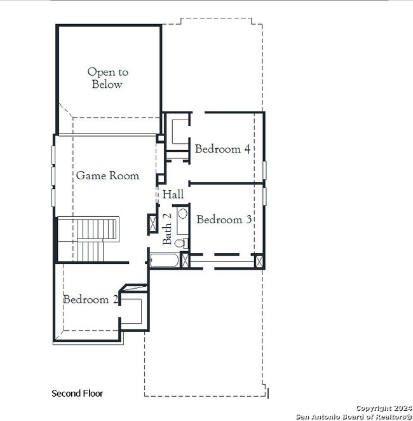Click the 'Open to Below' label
(107, 78)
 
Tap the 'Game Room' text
(107, 176)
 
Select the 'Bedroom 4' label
(222, 149)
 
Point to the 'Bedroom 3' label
(224, 219)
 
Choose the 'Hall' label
(173, 195)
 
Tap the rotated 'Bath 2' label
(167, 229)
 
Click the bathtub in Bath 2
(165, 260)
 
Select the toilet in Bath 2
(180, 242)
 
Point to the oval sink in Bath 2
(182, 214)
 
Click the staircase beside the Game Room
(88, 238)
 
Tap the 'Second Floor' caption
(77, 394)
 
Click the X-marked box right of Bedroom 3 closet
(259, 261)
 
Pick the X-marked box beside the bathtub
(185, 260)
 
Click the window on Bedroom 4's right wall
(264, 172)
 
